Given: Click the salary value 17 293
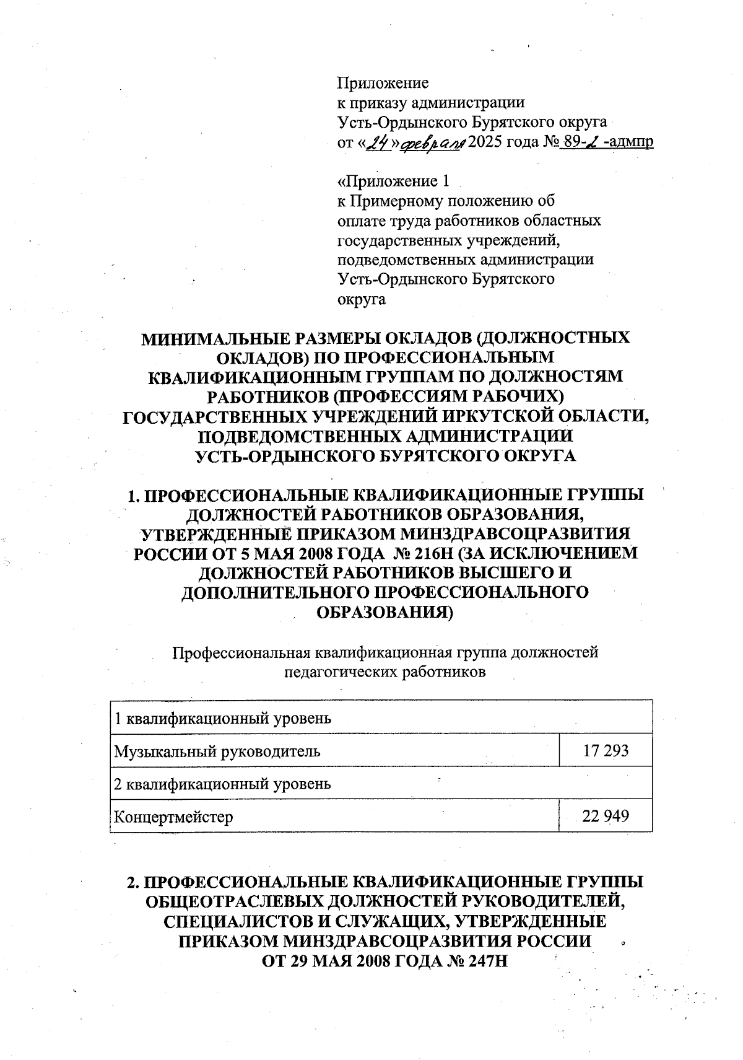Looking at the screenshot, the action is click(x=606, y=751).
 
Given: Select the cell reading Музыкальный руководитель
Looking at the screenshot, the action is click(x=217, y=751).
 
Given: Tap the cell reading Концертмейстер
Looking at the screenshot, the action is click(x=174, y=817).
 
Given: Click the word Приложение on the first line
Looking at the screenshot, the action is click(x=383, y=82).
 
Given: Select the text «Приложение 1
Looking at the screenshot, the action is click(x=392, y=181).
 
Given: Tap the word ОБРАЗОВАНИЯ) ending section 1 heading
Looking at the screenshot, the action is click(x=385, y=611).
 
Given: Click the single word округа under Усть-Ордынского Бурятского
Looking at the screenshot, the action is click(x=362, y=300).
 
